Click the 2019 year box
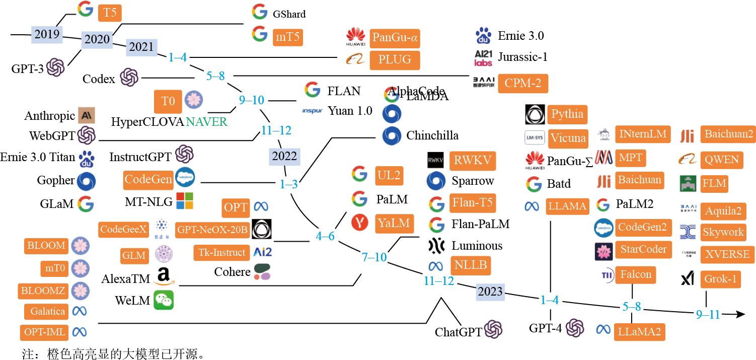click(x=47, y=35)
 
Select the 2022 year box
click(x=285, y=156)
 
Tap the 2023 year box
click(x=490, y=292)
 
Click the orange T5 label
click(x=110, y=12)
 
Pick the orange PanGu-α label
click(x=395, y=37)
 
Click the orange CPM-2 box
click(x=522, y=83)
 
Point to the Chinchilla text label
click(x=432, y=135)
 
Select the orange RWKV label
click(x=472, y=161)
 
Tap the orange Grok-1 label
click(x=720, y=279)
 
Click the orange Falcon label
click(x=636, y=274)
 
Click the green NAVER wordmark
click(x=206, y=121)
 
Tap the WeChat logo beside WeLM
click(x=164, y=300)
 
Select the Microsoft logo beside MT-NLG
click(x=185, y=201)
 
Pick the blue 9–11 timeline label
click(x=708, y=315)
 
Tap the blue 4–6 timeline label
click(x=325, y=236)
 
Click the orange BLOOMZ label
click(x=43, y=291)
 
